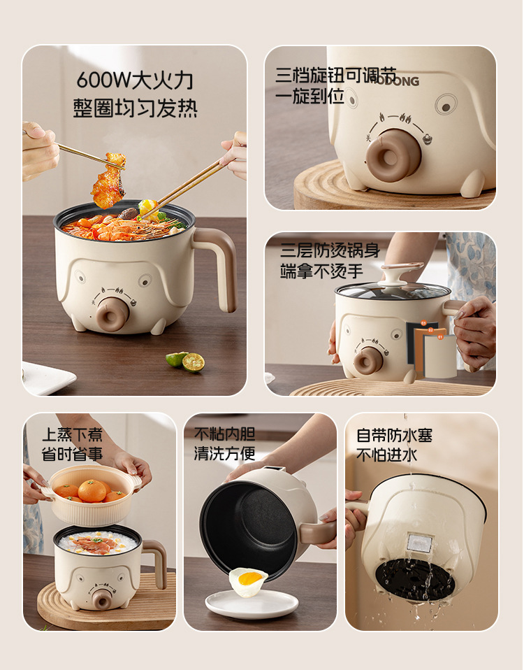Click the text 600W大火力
134,80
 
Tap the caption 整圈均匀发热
135,108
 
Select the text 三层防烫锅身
330,250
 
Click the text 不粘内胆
224,434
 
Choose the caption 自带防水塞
394,436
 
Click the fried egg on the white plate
248,582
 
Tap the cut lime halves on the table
186,361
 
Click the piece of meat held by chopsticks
109,180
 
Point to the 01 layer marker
440,337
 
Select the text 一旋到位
310,96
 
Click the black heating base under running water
415,579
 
